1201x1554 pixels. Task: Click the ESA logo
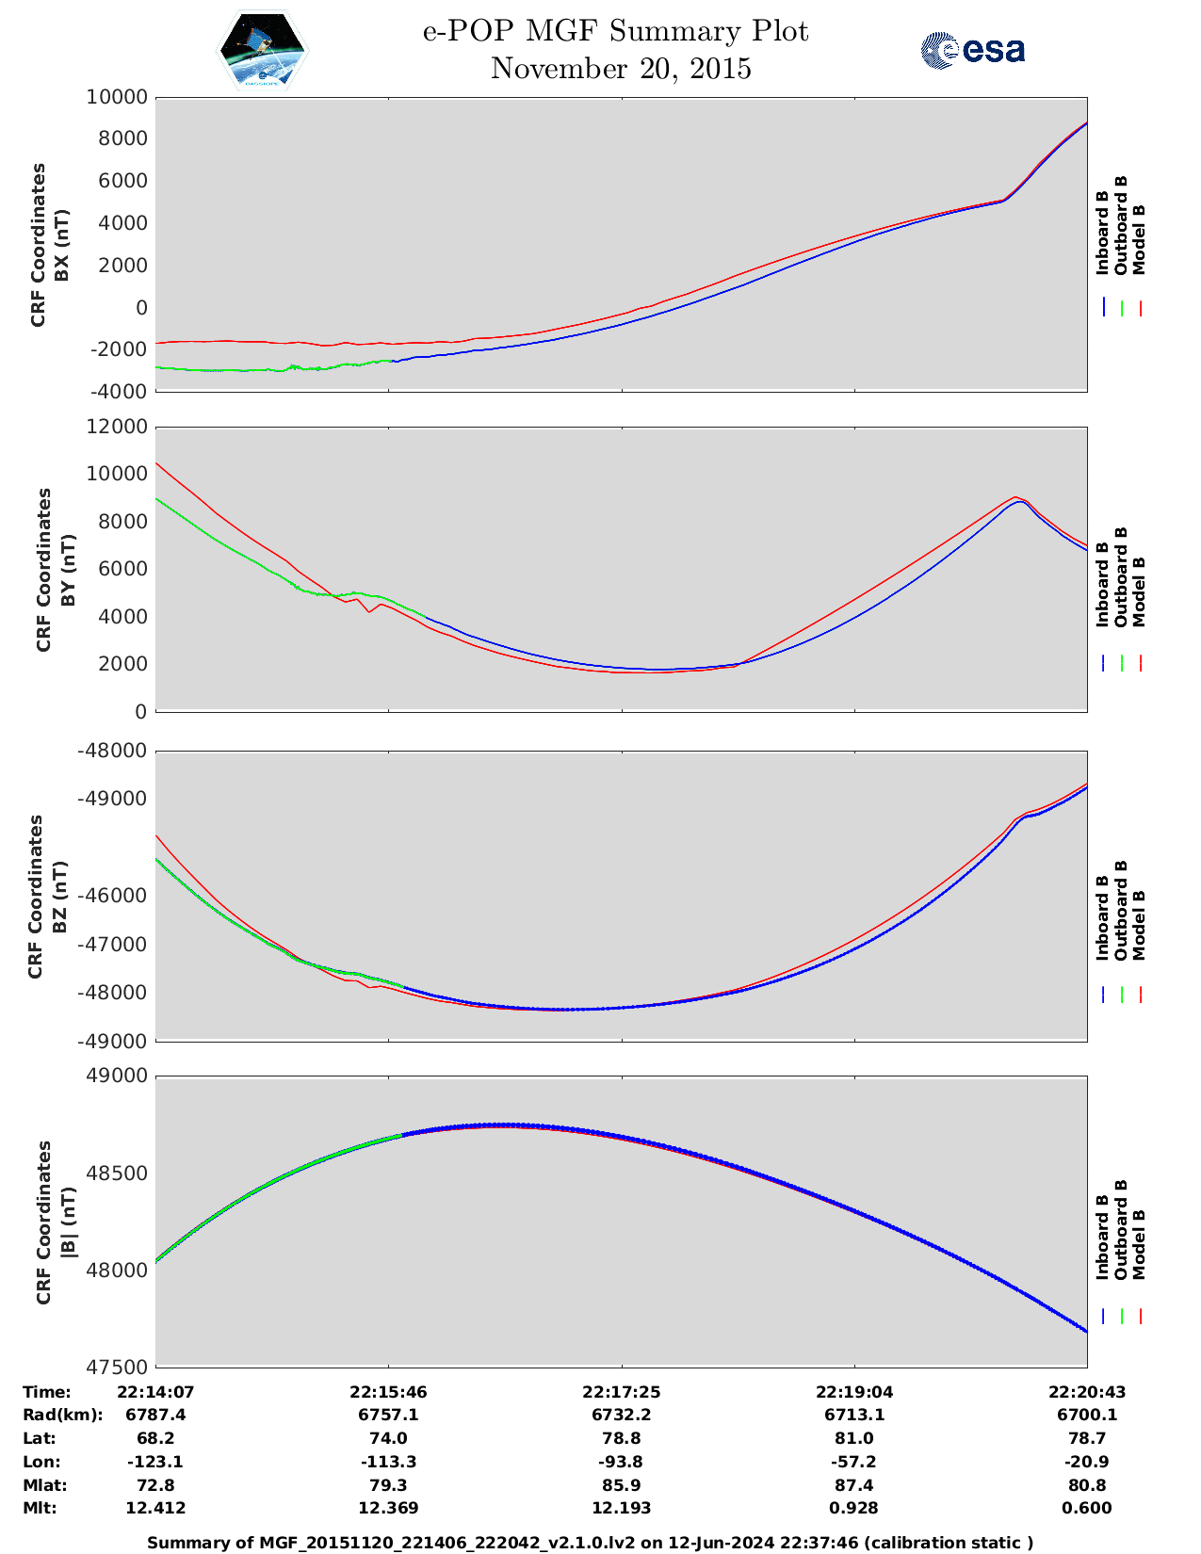[973, 50]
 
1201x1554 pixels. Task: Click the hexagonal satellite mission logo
[263, 51]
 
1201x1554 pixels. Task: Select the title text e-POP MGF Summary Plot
[615, 31]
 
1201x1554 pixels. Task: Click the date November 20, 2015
[621, 69]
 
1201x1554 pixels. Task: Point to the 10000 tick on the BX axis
[117, 97]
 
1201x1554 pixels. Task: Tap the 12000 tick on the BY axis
[117, 427]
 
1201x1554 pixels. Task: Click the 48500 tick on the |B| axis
[117, 1174]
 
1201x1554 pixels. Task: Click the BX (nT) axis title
[62, 246]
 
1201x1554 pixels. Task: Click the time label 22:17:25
[622, 1392]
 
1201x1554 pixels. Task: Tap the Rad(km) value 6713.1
[854, 1415]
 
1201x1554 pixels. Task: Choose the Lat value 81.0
[854, 1438]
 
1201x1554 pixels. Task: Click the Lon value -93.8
[622, 1462]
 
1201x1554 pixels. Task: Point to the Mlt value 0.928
[854, 1508]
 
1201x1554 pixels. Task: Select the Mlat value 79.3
[389, 1485]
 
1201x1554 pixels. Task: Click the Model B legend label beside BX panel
[1139, 239]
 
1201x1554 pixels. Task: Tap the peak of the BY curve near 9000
[1016, 498]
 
